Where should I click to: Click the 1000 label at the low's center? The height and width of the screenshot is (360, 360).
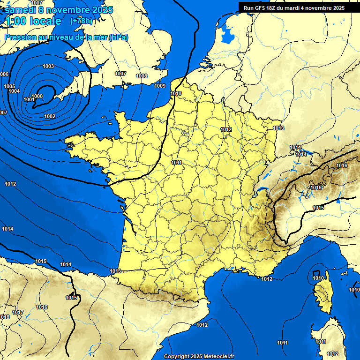tap(37, 96)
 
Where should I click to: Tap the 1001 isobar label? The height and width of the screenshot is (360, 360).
tap(29, 99)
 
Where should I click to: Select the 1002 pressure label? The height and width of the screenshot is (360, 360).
tap(50, 116)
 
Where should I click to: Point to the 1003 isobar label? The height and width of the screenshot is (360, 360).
tap(48, 66)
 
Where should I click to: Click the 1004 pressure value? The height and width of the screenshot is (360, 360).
tap(14, 91)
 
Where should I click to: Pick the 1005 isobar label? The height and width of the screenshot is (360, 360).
tap(9, 86)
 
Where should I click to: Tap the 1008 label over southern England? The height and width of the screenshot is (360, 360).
tap(142, 76)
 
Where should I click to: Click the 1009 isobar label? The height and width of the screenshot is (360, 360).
tap(160, 86)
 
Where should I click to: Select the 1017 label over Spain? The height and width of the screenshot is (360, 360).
tap(18, 312)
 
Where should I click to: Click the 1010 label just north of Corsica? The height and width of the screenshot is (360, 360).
tap(318, 278)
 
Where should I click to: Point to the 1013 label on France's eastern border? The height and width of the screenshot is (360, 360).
tap(278, 128)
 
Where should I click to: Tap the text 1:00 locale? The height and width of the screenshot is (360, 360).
tap(33, 21)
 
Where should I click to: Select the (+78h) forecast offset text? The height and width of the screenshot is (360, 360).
tap(81, 21)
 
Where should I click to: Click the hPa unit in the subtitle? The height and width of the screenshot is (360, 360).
tap(118, 37)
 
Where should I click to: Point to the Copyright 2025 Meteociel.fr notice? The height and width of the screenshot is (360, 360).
tap(199, 356)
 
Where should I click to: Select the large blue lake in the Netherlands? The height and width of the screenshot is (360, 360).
tap(227, 33)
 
